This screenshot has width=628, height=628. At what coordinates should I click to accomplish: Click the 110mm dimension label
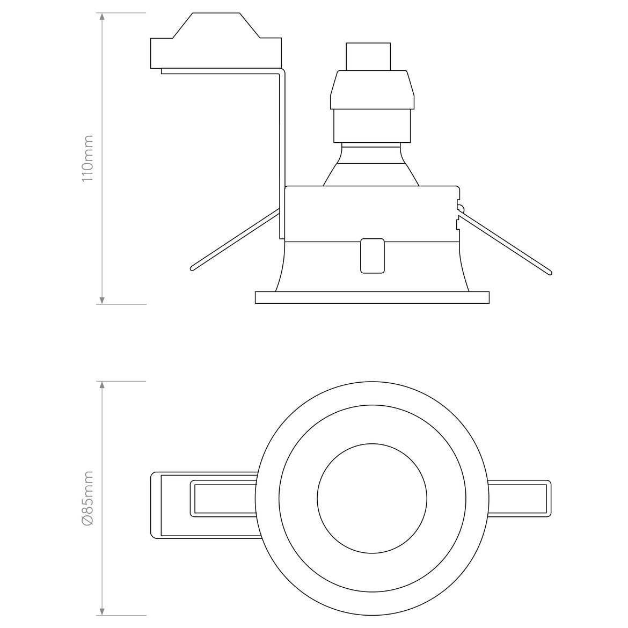pyautogui.click(x=87, y=158)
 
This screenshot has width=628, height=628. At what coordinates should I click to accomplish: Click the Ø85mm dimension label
pyautogui.click(x=87, y=498)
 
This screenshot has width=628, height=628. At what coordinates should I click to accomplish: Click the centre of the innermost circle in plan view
pyautogui.click(x=372, y=498)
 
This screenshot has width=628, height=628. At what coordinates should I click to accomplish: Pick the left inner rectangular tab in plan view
pyautogui.click(x=224, y=498)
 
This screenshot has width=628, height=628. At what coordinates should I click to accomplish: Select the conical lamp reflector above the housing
pyautogui.click(x=372, y=166)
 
